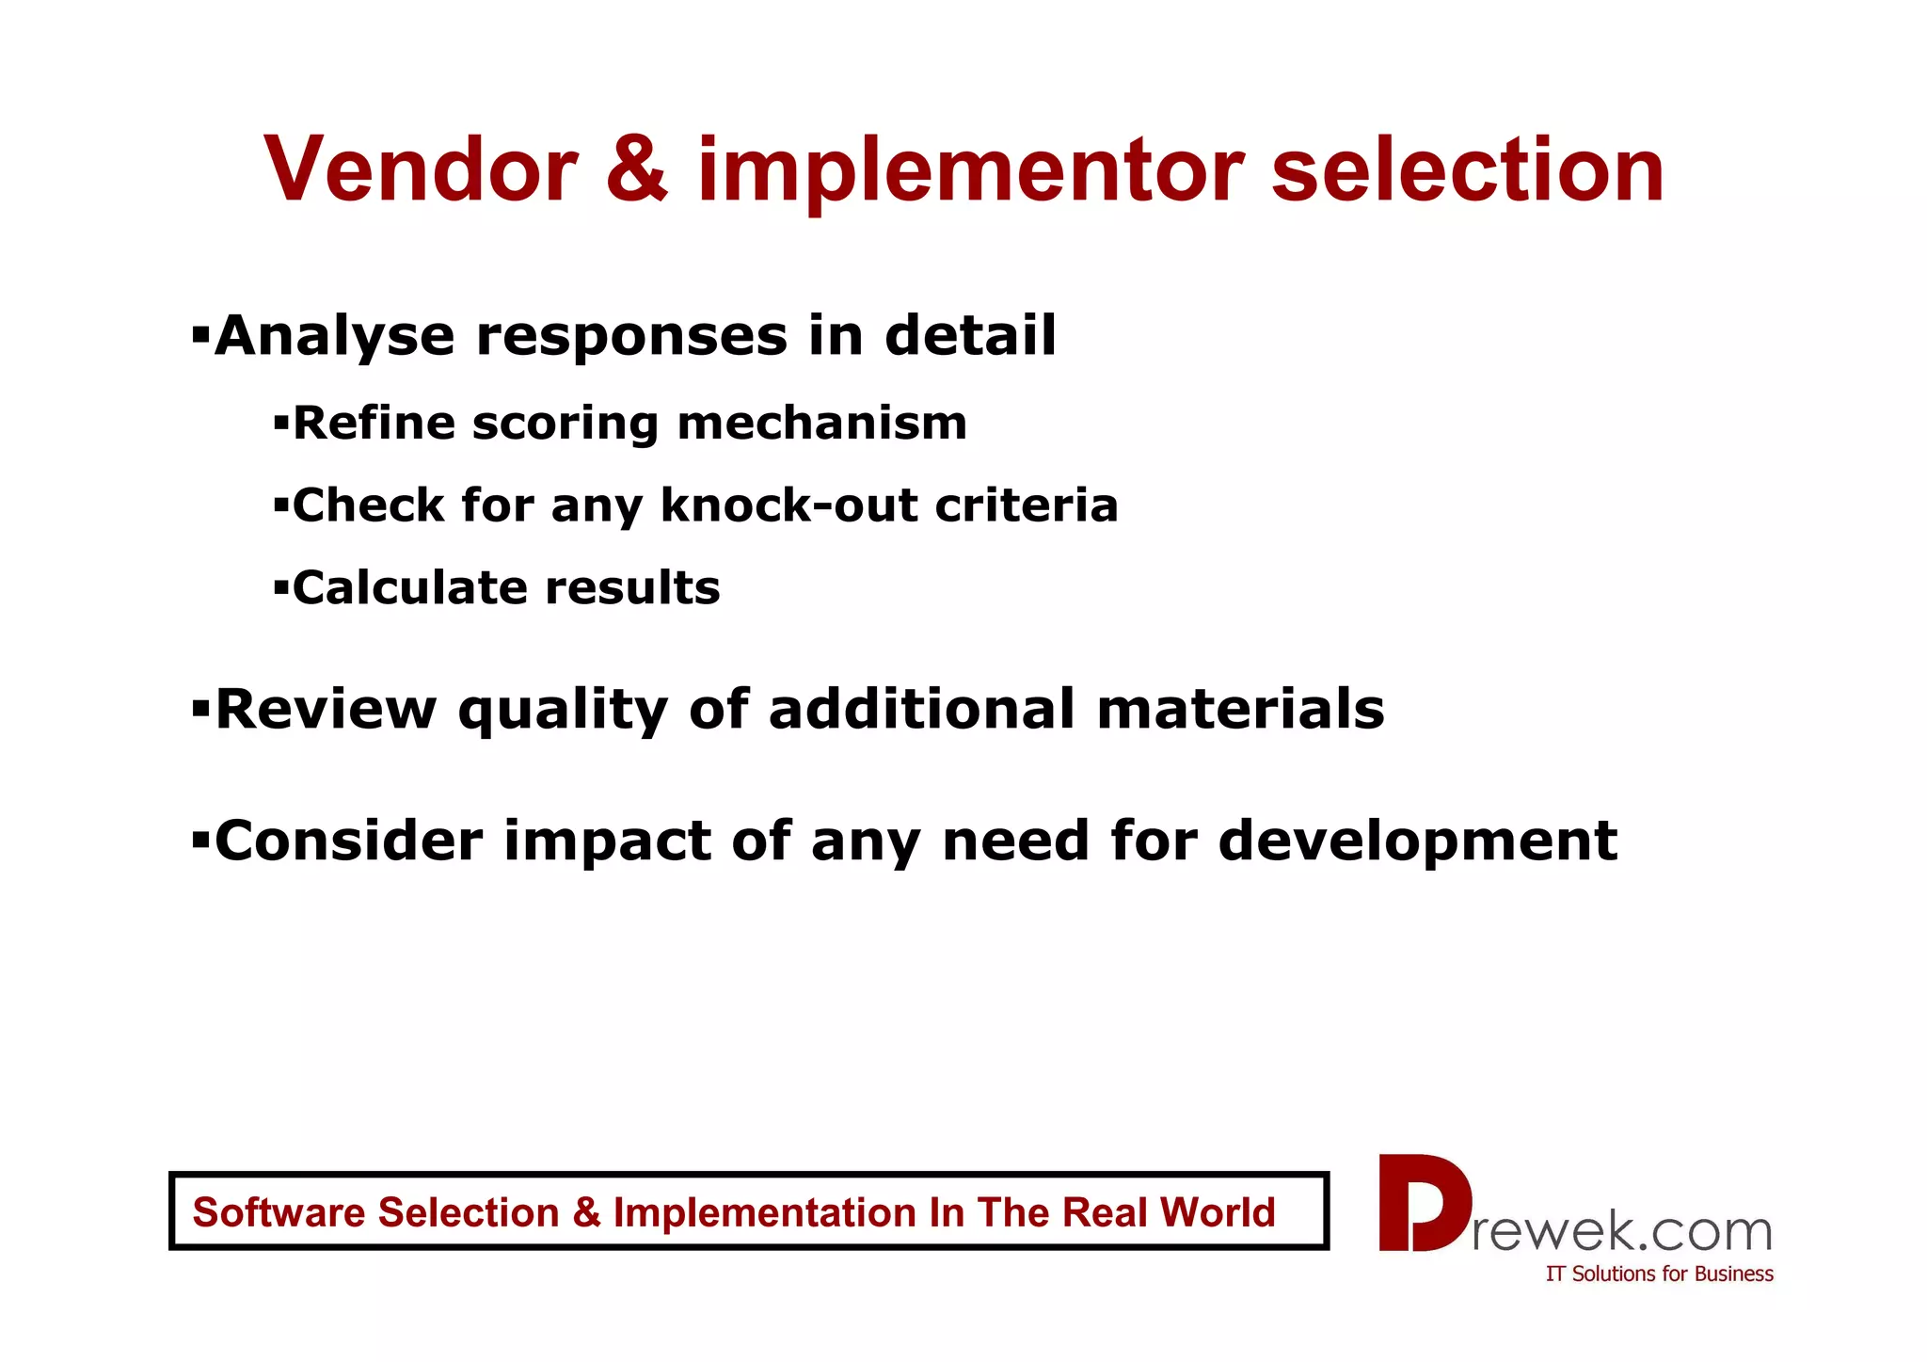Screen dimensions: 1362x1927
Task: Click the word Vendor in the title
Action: click(421, 169)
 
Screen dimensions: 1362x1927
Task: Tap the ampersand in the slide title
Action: click(637, 169)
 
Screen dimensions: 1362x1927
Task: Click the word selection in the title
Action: click(1467, 169)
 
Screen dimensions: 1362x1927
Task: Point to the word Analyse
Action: click(334, 336)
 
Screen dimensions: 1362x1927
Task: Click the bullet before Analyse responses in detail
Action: click(199, 334)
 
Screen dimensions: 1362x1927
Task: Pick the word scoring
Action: click(564, 424)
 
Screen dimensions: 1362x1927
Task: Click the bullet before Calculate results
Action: click(280, 588)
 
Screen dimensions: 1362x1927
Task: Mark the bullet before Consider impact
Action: click(199, 839)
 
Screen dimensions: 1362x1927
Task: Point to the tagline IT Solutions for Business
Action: click(1659, 1274)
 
